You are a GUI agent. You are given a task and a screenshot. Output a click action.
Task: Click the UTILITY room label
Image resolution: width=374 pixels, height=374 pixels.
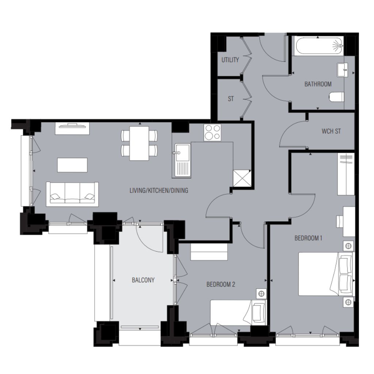coord(230,60)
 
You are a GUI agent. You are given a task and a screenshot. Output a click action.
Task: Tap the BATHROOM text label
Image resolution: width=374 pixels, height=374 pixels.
coord(318,84)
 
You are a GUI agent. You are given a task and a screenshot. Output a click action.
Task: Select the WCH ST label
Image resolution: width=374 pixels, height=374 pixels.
coord(331,131)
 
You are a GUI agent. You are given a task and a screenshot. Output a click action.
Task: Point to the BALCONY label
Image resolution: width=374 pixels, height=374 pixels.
coord(143,280)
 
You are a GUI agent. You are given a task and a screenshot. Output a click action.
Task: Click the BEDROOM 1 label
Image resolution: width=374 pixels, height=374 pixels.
coord(308,238)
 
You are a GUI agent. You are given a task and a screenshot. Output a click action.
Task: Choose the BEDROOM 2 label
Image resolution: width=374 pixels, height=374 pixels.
coord(221,284)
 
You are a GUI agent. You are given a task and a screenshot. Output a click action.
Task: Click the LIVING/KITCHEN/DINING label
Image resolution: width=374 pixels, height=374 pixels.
coord(159,190)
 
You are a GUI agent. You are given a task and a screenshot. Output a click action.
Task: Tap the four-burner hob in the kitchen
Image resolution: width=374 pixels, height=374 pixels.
coord(212,132)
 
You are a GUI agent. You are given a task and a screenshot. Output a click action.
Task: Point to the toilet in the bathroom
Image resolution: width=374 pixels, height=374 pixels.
coord(337,97)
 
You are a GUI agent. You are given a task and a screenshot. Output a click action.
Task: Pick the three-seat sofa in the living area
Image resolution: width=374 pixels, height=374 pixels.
coord(72,194)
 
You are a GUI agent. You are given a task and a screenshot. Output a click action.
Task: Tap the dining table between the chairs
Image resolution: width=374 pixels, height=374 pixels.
coord(139,144)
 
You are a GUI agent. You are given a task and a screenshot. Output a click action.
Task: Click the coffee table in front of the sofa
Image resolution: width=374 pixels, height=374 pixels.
coord(72,165)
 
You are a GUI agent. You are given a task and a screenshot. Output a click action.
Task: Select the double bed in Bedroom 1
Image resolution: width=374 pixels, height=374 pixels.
coord(326,274)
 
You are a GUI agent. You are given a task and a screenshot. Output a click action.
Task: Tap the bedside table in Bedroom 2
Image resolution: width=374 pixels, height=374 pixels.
coord(261,294)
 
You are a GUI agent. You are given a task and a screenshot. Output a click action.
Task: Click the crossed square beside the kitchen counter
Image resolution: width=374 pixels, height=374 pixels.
coord(242,178)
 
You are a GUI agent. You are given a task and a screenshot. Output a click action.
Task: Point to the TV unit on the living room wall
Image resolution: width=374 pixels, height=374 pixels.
coord(72,129)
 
